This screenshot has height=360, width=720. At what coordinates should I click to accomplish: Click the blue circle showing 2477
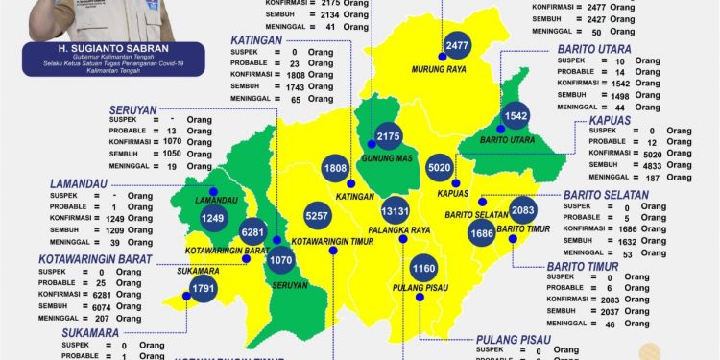[x=457, y=45]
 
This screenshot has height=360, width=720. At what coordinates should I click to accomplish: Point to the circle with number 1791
[x=204, y=286]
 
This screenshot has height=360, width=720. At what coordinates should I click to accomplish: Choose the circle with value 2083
[x=524, y=210]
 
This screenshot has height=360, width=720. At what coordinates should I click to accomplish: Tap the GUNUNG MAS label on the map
[x=388, y=157]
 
